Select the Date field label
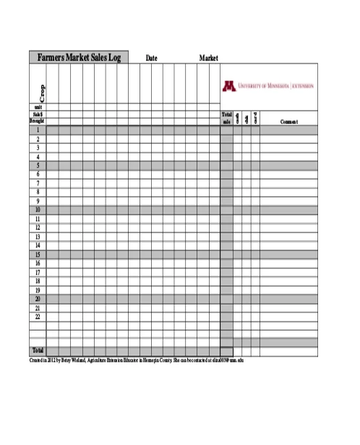coord(152,58)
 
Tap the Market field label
coord(209,58)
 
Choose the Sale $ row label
coord(38,114)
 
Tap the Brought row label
coord(38,121)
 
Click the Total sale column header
coord(226,118)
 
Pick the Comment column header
coord(289,122)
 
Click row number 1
coord(38,130)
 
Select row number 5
coord(38,166)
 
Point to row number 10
coord(38,210)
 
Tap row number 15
coord(38,255)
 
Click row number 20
coord(38,299)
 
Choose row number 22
coord(38,317)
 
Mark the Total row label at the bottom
coord(38,351)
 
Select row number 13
coord(38,237)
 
